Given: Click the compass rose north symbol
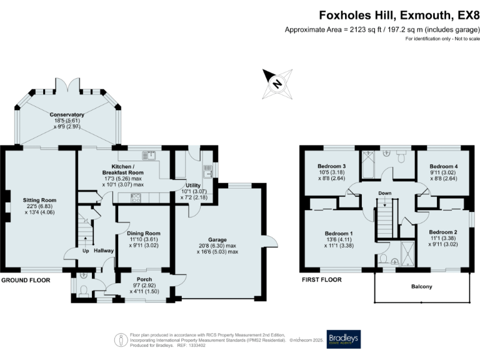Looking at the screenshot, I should [276, 81].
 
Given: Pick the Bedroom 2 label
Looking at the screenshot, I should [442, 232].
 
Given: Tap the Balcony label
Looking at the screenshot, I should [423, 287].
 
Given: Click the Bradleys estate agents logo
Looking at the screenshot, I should [343, 339].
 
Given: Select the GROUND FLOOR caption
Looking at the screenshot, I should [25, 280].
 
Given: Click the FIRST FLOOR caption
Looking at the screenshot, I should [321, 280].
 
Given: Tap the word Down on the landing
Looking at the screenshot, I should [385, 193].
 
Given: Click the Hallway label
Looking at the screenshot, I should [104, 251].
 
